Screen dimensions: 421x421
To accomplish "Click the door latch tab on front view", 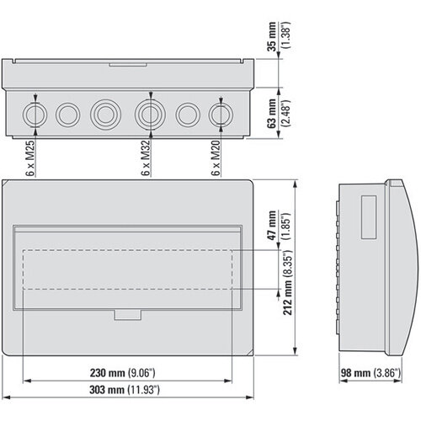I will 127,314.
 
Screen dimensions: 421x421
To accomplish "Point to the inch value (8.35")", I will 287,267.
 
